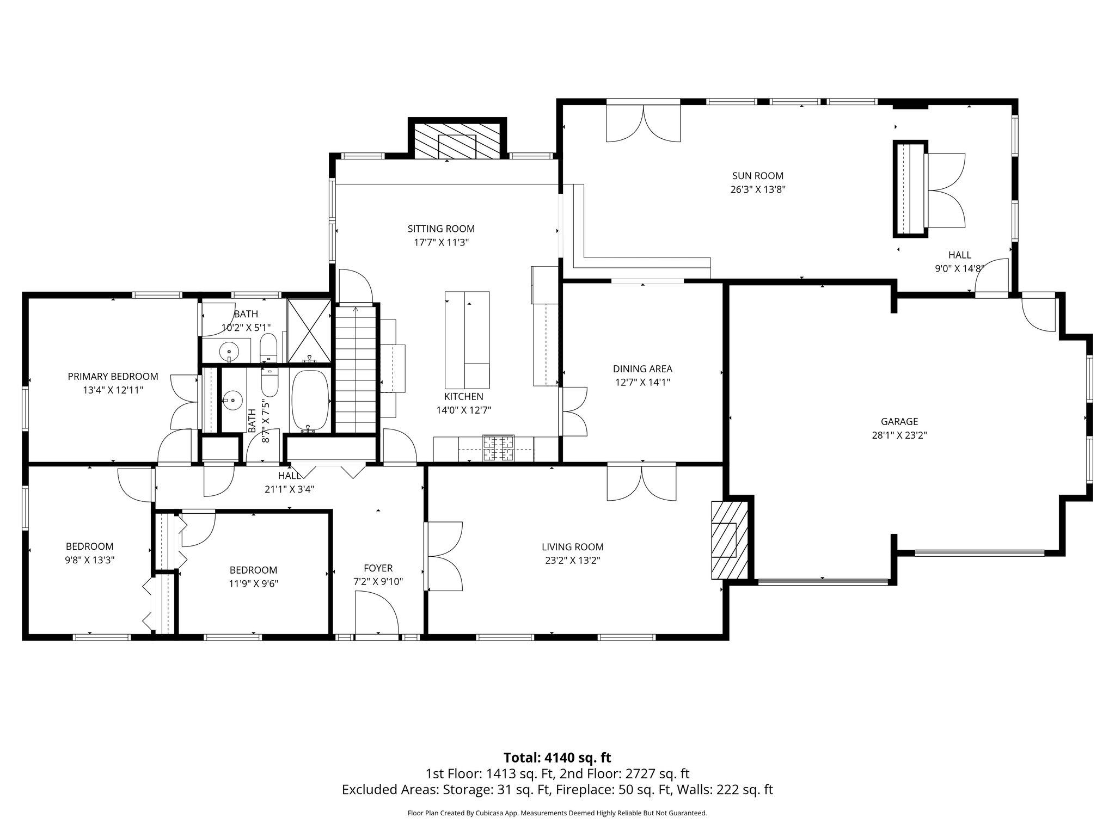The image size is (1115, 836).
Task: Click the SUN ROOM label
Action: (757, 176)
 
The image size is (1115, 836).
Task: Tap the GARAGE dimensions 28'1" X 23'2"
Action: (899, 435)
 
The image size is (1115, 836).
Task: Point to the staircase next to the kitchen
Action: (356, 370)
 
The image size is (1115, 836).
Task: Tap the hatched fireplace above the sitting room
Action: (457, 140)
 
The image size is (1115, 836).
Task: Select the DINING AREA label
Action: (642, 368)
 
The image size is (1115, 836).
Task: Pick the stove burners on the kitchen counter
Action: (498, 448)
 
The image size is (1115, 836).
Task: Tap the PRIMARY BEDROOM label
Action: (113, 376)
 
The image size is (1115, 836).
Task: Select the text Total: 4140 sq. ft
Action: (557, 758)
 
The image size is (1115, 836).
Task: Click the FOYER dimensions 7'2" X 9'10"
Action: (378, 582)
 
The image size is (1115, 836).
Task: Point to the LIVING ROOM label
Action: (572, 547)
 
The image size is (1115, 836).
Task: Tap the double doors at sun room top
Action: (643, 122)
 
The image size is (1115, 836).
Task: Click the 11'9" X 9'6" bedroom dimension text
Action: (253, 583)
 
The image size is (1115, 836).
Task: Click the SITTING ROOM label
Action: (441, 229)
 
